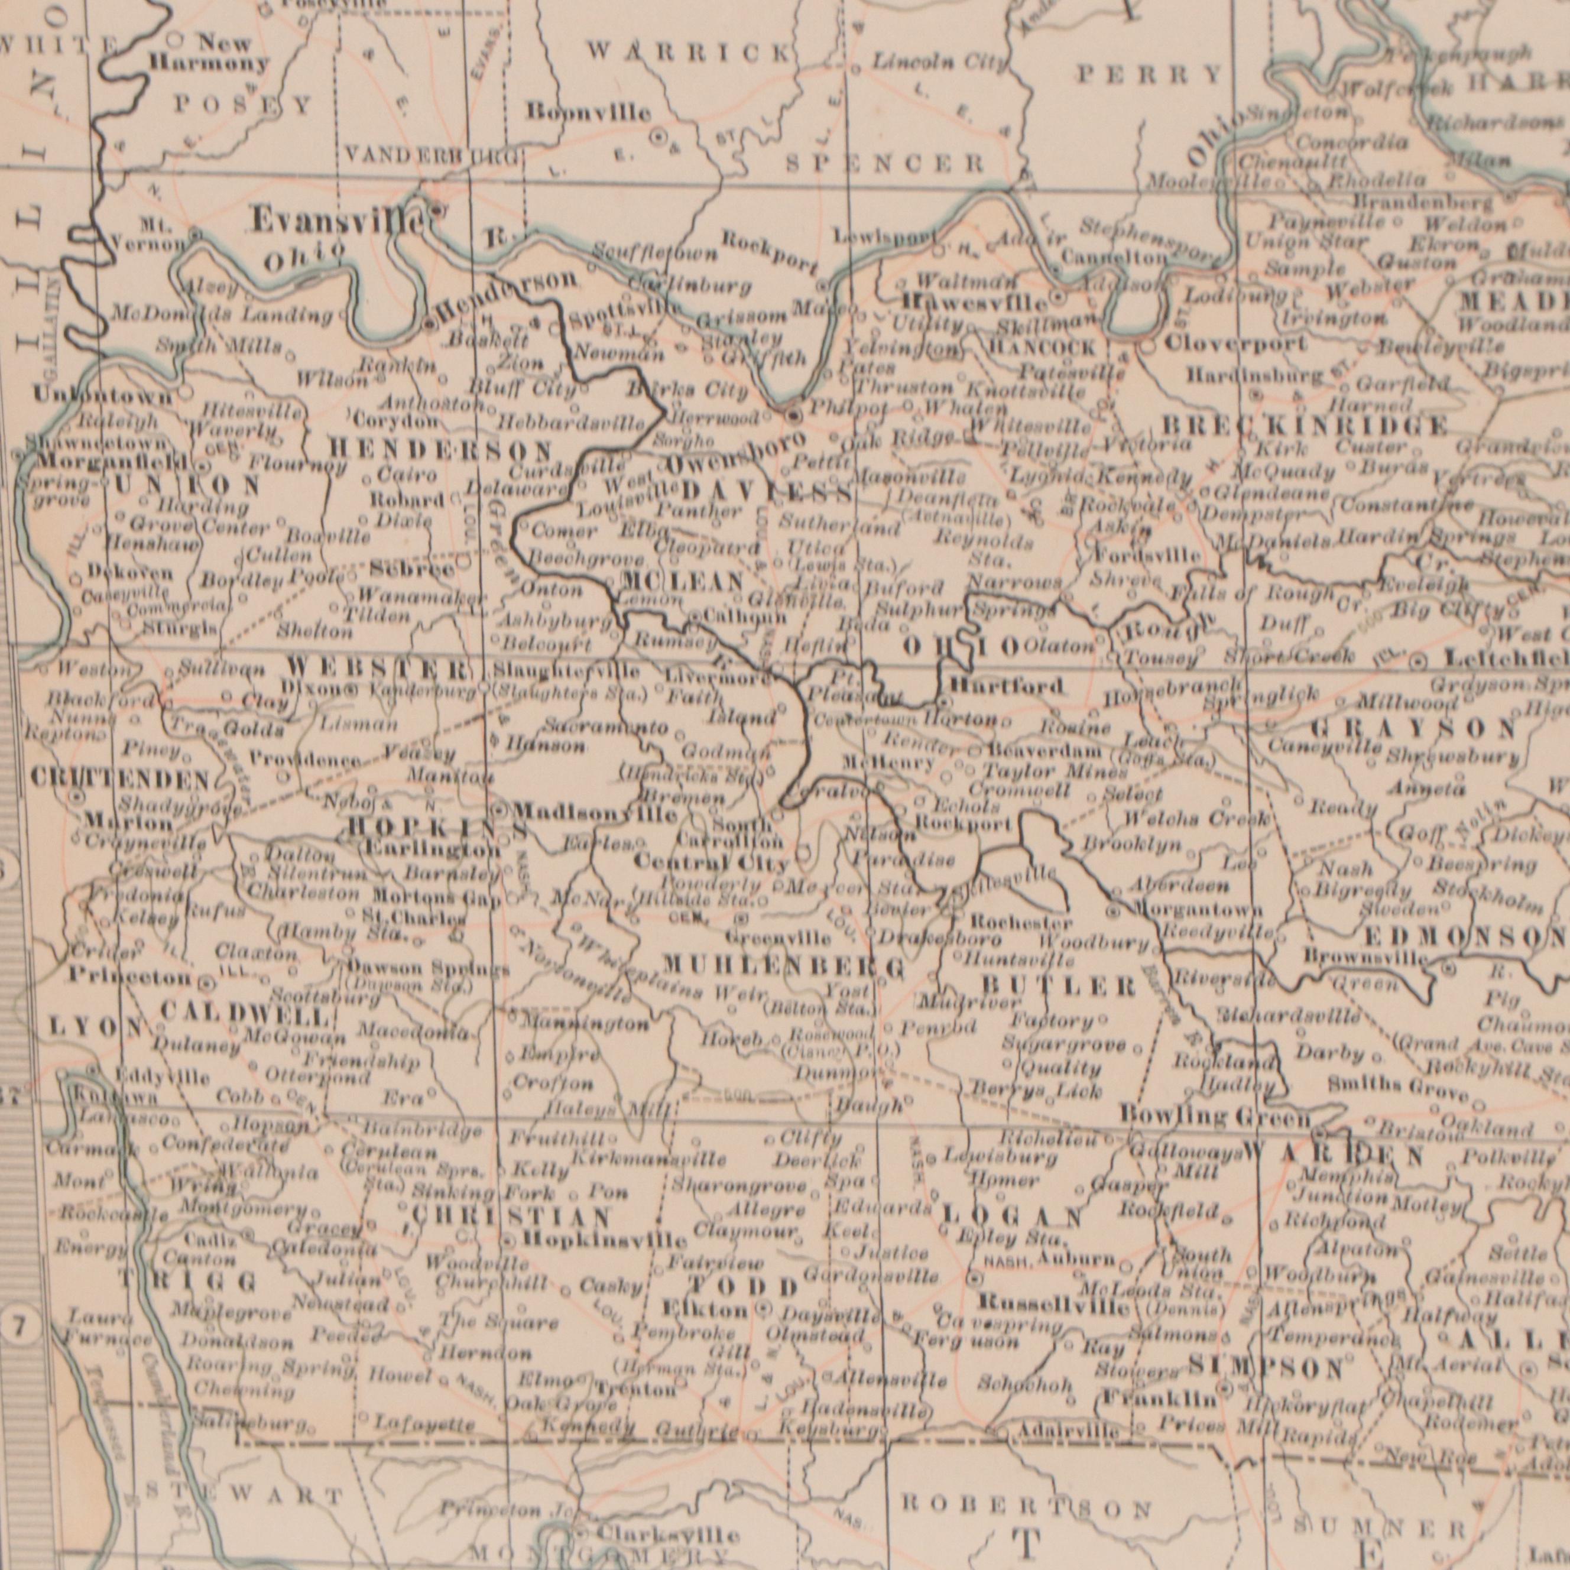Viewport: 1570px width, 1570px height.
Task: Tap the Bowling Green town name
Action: coord(1214,1117)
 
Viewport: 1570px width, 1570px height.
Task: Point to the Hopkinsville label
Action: coord(605,1241)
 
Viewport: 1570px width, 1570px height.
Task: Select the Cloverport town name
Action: coord(1235,344)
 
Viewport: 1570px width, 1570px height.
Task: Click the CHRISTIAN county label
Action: coord(511,1217)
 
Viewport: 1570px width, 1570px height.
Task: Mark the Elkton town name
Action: coord(705,1310)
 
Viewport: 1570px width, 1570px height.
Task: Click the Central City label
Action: coord(711,861)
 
